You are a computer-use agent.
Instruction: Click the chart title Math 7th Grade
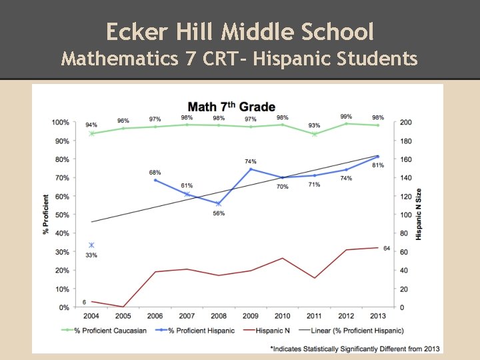point(231,107)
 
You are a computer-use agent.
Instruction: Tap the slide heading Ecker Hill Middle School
point(240,31)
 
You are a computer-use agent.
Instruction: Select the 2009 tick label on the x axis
point(250,316)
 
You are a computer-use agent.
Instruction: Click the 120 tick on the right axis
point(405,197)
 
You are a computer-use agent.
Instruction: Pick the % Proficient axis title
point(46,214)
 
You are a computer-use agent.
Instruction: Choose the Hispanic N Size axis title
point(419,215)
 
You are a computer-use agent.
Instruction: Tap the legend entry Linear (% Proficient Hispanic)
point(355,331)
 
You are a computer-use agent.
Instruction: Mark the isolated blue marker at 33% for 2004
point(91,245)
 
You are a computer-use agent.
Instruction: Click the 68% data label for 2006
point(155,173)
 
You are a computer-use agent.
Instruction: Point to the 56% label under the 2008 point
point(219,213)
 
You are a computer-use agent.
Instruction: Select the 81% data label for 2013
point(378,165)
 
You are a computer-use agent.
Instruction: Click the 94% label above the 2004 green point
point(91,125)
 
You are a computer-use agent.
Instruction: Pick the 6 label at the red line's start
point(85,302)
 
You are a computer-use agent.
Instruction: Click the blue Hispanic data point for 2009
point(251,169)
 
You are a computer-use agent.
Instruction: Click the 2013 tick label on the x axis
point(377,316)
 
